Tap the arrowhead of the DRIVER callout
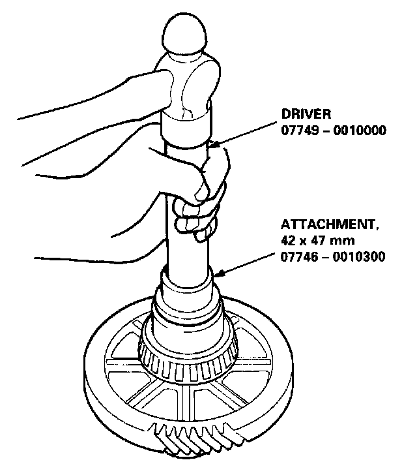[212, 145]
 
